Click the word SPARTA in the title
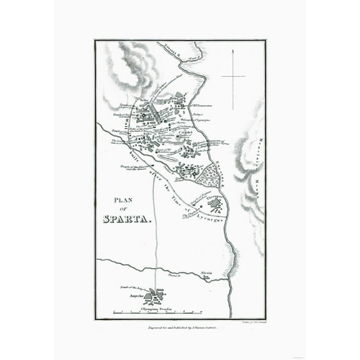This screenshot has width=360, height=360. tap(127, 219)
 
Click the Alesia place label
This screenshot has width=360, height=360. tap(207, 273)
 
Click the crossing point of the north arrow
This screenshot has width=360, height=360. tap(232, 76)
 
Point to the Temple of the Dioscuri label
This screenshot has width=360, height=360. tap(134, 166)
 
